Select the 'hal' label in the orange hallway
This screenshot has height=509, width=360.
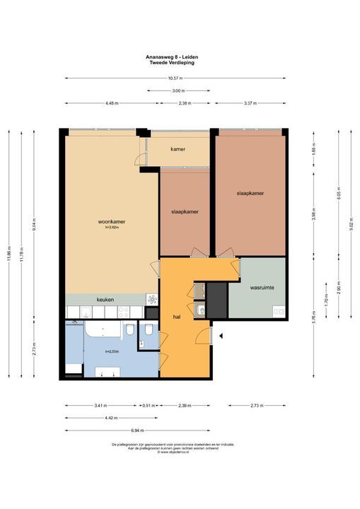click(176, 317)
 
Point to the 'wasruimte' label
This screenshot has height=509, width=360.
click(262, 288)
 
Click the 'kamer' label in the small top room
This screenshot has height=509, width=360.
click(178, 149)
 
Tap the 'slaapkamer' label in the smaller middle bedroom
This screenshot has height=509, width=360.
click(184, 211)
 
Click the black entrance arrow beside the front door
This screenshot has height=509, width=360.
click(221, 337)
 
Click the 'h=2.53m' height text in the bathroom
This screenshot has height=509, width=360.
click(112, 351)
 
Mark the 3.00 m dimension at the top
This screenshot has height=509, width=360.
click(178, 90)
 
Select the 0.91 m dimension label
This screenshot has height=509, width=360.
click(149, 406)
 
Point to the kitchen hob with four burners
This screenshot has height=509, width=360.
click(123, 312)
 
